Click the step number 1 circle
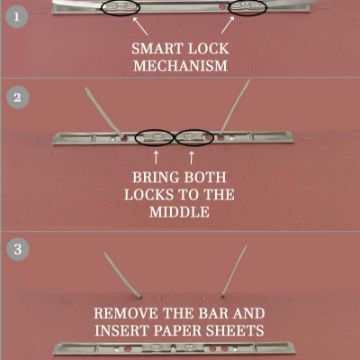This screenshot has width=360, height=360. pos(17,16)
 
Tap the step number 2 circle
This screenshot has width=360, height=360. pos(17,98)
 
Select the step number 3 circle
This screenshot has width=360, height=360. pos(17,250)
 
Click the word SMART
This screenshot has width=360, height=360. pos(152,49)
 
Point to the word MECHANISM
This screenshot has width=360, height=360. pos(180,66)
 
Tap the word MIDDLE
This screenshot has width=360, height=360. pos(180,212)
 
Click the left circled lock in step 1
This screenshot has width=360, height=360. pos(120,7)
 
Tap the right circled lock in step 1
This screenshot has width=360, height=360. pos(248,7)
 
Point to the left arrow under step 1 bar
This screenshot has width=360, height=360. pos(140,26)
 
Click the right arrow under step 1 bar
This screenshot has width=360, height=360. pos(228,25)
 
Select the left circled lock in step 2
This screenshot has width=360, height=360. pos(154,138)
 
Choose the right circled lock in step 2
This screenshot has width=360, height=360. pos(194,138)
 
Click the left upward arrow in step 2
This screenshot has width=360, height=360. pos(156,157)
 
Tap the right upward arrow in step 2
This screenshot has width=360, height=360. pos(191,157)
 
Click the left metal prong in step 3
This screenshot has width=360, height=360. pos(123,275)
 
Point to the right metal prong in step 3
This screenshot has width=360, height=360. pos(235,271)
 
